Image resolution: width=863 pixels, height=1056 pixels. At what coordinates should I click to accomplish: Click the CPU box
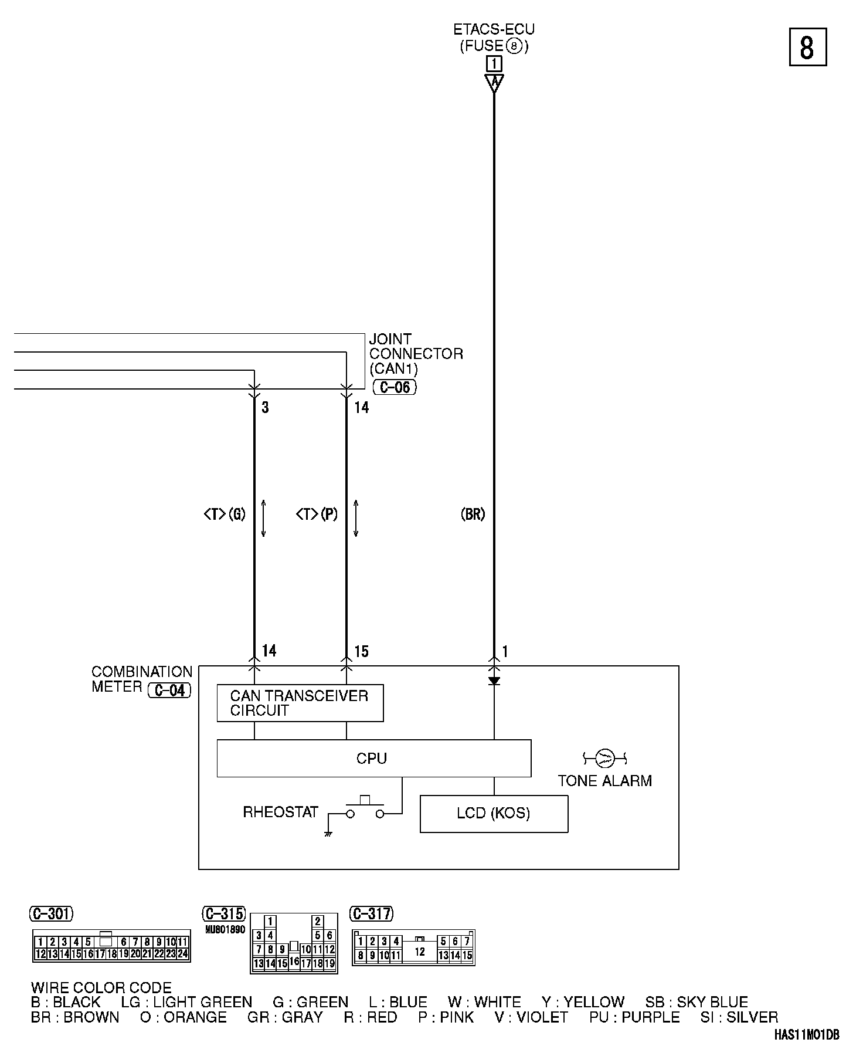(x=373, y=759)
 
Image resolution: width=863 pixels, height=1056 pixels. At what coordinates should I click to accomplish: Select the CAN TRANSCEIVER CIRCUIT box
(x=300, y=703)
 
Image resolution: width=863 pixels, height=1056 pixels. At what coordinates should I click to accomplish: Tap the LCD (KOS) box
(x=494, y=814)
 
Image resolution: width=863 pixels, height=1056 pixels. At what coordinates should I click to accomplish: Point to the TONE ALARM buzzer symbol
(x=604, y=759)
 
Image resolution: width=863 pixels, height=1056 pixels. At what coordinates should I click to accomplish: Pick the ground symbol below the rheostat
(x=328, y=833)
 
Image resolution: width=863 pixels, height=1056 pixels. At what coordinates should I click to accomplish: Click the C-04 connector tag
(x=170, y=691)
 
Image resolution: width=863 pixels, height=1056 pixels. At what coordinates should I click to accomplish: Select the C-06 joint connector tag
(x=395, y=387)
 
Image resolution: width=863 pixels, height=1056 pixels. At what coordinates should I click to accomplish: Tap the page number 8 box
(x=807, y=47)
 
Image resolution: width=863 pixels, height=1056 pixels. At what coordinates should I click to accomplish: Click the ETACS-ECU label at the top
(x=494, y=29)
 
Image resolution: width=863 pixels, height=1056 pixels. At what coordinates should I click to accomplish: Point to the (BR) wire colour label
(x=473, y=515)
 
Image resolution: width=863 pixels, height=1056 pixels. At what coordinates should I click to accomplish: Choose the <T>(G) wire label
(x=225, y=515)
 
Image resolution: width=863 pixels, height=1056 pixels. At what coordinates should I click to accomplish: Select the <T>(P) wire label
(x=317, y=515)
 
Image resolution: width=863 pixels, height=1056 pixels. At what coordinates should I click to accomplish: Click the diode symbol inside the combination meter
(x=494, y=681)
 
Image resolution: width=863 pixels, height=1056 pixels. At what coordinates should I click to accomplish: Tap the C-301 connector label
(x=52, y=913)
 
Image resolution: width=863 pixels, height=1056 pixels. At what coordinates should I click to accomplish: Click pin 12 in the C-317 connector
(x=420, y=952)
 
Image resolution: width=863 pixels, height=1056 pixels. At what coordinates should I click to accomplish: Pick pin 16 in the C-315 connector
(x=294, y=961)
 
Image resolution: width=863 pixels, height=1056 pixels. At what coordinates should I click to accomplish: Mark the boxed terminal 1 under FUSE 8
(x=494, y=63)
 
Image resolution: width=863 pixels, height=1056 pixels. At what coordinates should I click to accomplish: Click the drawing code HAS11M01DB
(x=807, y=1035)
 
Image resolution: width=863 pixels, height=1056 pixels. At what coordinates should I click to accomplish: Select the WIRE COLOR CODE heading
(x=101, y=988)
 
